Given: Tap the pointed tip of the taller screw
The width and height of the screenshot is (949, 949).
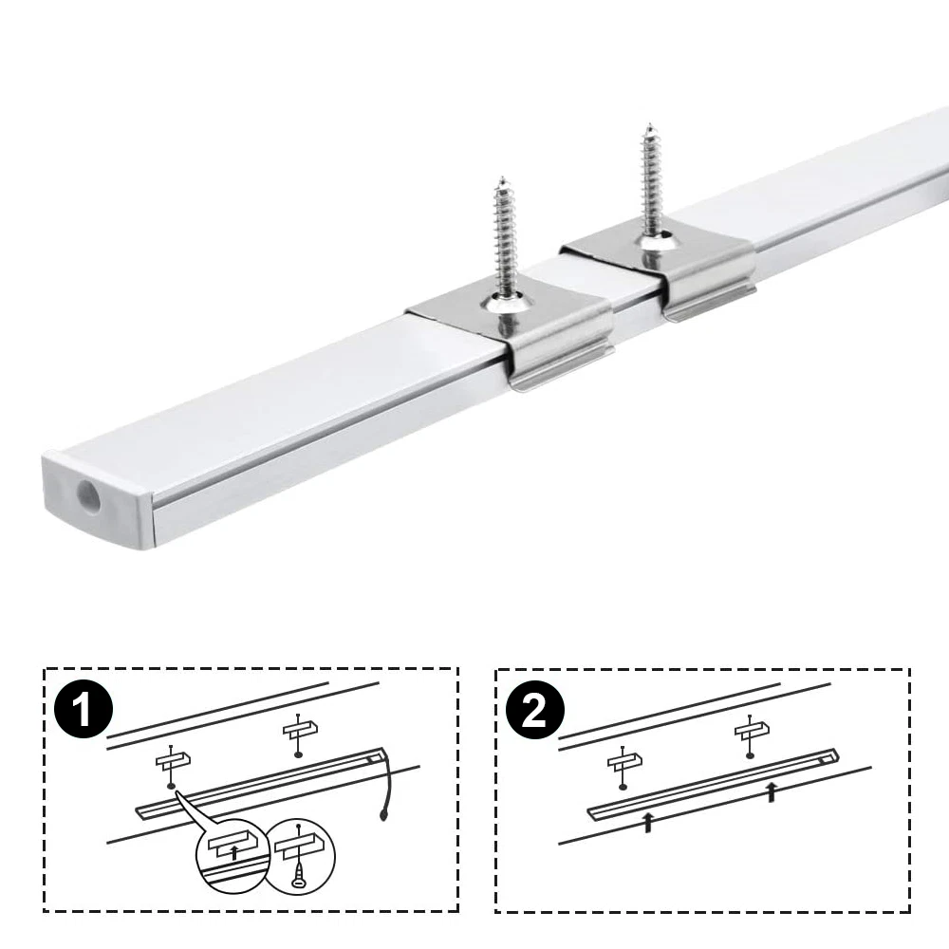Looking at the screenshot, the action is point(649,124).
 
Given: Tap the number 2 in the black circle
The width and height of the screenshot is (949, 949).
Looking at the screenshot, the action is point(534,710).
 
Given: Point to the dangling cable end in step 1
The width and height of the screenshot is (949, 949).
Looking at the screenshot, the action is point(383,816).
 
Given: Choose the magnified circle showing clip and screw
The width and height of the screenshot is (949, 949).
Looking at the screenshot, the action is point(300,856).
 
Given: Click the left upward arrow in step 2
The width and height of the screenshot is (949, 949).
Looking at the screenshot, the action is point(648,823).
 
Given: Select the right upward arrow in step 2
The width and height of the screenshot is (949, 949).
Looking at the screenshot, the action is point(771,792).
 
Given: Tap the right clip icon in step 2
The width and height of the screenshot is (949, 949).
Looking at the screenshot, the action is point(752,736).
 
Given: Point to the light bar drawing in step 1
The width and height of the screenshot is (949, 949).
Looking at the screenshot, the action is point(260,783).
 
